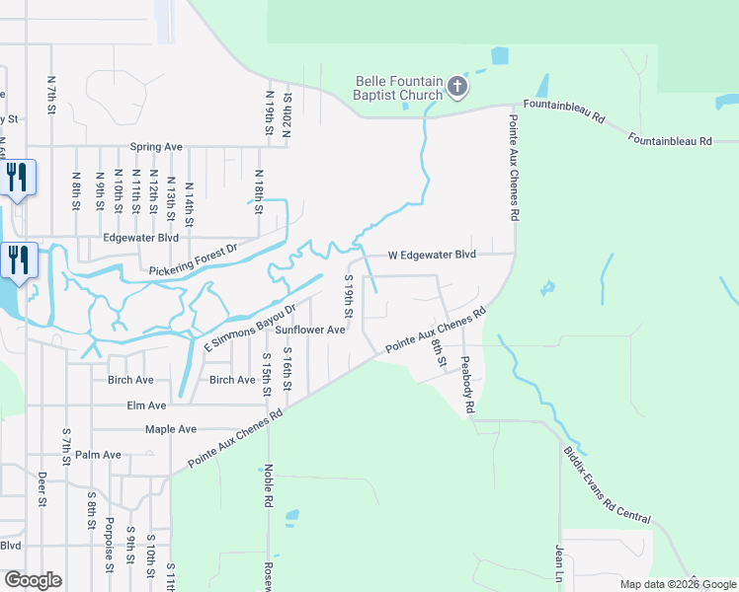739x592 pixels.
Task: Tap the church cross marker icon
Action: (456, 87)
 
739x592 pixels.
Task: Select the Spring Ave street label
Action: (156, 147)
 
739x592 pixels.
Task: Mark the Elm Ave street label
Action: (146, 405)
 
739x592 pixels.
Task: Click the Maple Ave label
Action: (170, 429)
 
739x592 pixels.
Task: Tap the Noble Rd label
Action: (268, 486)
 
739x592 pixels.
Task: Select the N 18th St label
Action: (259, 190)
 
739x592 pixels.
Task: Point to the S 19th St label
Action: (348, 296)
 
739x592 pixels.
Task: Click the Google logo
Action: (33, 580)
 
